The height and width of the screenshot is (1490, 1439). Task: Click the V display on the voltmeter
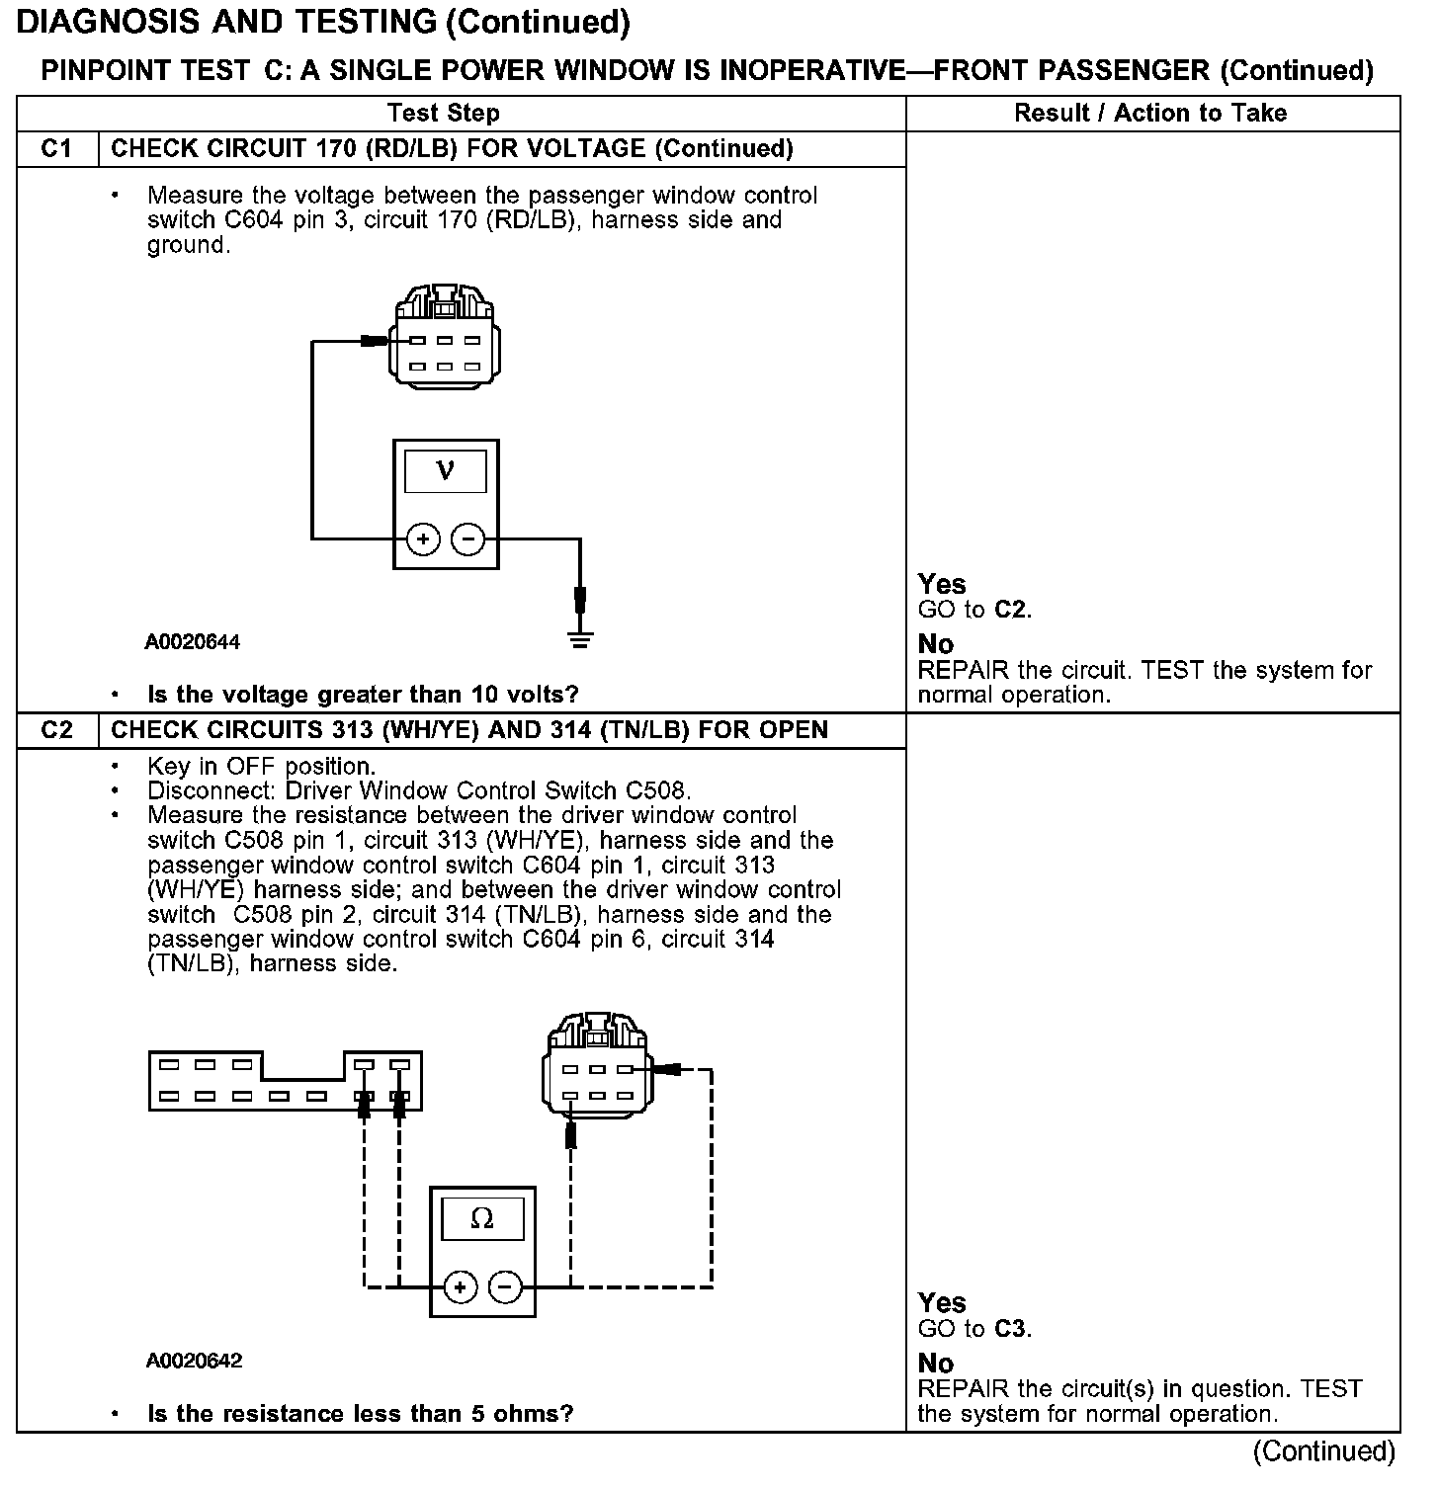coord(446,471)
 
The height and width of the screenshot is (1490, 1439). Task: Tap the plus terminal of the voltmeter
coord(423,539)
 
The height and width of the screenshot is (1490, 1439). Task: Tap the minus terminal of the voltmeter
coord(467,539)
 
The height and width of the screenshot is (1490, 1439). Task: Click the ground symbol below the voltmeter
coord(580,639)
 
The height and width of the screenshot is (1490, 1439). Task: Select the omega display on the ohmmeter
coord(482,1218)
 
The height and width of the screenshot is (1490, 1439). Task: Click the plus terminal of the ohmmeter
coord(460,1286)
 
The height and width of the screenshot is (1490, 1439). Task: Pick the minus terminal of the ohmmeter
coord(505,1286)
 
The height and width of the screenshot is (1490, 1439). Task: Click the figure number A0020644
coord(193,642)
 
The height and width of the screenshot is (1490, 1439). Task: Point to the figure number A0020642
coord(194,1361)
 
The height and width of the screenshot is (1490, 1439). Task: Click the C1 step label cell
coord(57,149)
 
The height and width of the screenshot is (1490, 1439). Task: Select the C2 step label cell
coord(57,730)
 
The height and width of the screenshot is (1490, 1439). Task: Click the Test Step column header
coord(444,113)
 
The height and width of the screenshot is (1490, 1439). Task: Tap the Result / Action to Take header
coord(1150,113)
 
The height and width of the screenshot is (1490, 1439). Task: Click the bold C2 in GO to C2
coord(1010,610)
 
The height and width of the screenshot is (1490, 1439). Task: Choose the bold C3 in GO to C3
coord(1010,1329)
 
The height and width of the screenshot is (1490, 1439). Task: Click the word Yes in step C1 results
coord(941,584)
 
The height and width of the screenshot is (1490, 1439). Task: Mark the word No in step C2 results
coord(935,1364)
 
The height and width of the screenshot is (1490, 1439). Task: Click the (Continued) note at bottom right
coord(1323,1450)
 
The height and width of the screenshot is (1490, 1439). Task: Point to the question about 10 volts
coord(363,695)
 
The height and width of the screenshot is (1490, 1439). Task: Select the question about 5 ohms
coord(360,1414)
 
